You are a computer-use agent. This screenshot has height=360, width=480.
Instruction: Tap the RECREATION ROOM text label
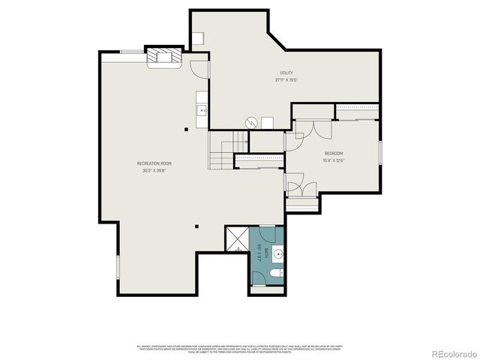(x=154, y=163)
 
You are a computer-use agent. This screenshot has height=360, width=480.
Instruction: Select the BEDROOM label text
(x=334, y=153)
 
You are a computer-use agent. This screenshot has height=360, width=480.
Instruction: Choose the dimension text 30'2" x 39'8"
(x=154, y=170)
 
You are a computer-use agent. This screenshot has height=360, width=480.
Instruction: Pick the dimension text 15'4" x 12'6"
(x=334, y=160)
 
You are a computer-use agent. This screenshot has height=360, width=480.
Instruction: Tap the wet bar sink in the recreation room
(x=202, y=112)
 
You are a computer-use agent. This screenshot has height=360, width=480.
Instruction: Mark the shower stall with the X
(x=236, y=239)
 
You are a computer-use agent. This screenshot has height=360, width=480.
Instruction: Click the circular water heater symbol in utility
(x=253, y=122)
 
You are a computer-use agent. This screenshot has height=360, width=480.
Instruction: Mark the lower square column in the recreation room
(x=196, y=226)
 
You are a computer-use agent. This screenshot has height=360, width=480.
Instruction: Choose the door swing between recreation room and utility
(x=197, y=67)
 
